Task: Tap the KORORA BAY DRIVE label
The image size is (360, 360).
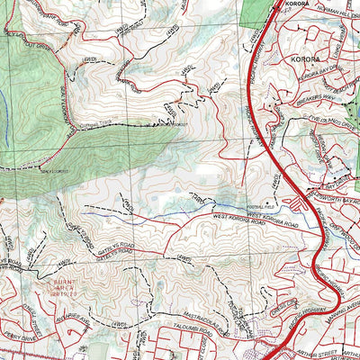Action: point(323,72)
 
